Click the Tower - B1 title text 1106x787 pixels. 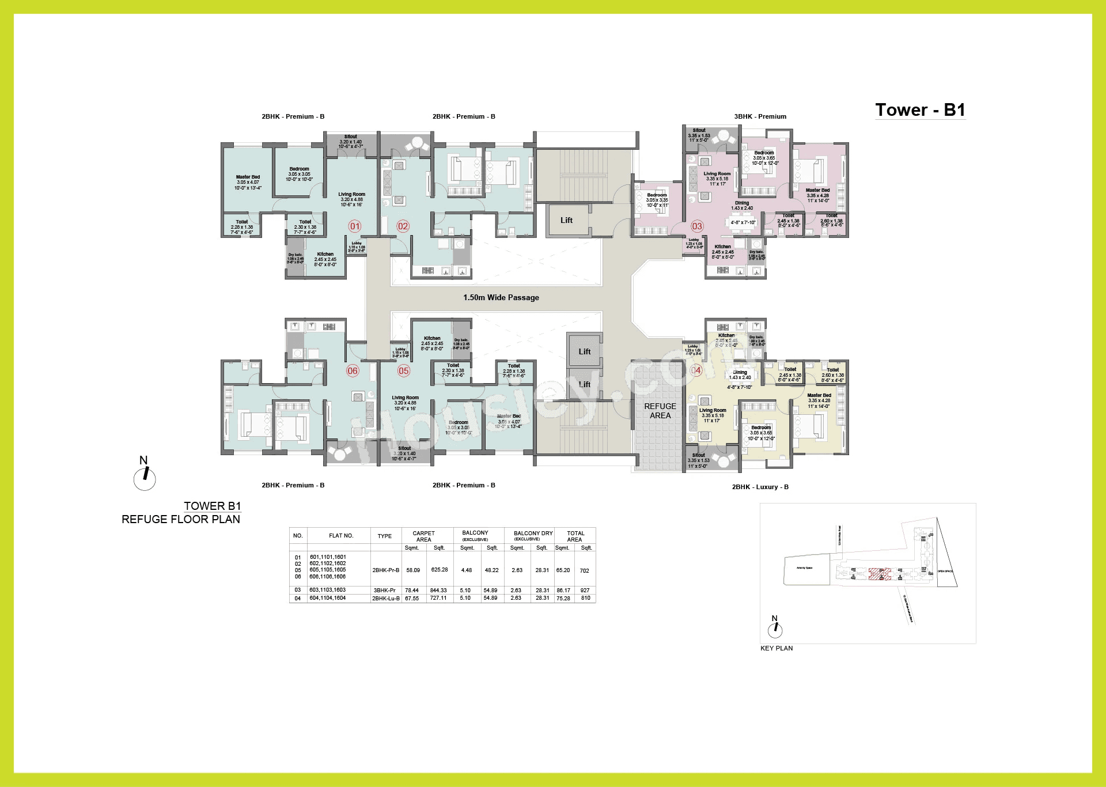[x=920, y=110]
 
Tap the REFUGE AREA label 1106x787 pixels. [x=660, y=411]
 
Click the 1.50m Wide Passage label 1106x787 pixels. [x=501, y=298]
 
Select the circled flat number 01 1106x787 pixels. [x=355, y=226]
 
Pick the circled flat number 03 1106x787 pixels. [x=697, y=226]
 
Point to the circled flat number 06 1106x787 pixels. [x=353, y=371]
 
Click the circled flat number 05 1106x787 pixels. [x=403, y=371]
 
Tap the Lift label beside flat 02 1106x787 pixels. [x=566, y=220]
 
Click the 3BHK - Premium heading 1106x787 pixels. [x=760, y=116]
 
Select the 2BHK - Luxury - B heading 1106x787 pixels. [x=760, y=487]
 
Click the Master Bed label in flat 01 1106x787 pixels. [x=248, y=177]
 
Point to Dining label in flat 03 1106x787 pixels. [x=742, y=203]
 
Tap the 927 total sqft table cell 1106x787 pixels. [x=585, y=591]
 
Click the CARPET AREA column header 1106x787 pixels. [x=423, y=536]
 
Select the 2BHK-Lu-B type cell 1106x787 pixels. [x=385, y=599]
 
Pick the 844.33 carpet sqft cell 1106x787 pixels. [x=439, y=591]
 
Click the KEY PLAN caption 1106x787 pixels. [x=776, y=648]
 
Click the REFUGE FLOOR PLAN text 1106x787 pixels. [x=181, y=519]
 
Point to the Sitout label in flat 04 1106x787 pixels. [x=698, y=455]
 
